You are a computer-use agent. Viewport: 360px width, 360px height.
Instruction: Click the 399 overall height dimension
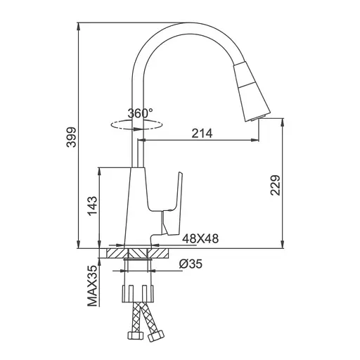coord(71,137)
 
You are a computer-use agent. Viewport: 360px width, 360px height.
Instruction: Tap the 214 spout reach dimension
coord(202,133)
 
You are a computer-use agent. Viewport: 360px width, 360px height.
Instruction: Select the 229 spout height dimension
coord(276,185)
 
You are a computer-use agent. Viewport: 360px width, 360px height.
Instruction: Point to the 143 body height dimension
coord(92,206)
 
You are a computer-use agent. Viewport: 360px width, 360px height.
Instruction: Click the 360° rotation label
coord(140,113)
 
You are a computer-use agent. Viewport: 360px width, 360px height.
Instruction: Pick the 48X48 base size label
coord(200,238)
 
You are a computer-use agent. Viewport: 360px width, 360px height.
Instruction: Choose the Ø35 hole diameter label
coord(191,264)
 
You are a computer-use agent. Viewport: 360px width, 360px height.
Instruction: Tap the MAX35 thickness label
coord(92,285)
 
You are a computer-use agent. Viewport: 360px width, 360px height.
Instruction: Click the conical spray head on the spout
coord(251,90)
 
